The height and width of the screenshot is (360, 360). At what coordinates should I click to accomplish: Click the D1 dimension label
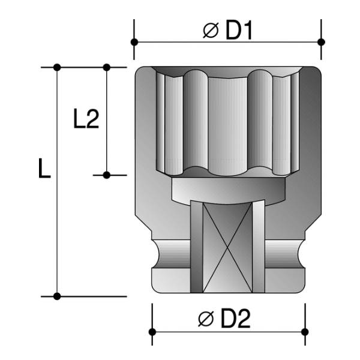(x=239, y=31)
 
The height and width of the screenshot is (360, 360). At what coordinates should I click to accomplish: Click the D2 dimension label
(x=235, y=319)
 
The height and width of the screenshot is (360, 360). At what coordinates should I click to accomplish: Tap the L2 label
(x=86, y=118)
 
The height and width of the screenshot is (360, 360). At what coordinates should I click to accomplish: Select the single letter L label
(x=44, y=168)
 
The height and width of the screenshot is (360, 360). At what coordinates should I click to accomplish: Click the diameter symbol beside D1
(x=211, y=31)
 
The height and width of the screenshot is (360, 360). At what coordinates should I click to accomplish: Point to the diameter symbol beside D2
(x=206, y=319)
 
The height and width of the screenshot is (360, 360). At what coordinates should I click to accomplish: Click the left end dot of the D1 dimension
(x=134, y=42)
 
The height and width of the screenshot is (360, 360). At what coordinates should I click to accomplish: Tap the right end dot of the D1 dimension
(x=321, y=42)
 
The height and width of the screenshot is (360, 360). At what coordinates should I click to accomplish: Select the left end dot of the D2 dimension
(x=152, y=332)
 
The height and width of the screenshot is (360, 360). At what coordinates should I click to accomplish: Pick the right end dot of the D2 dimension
(x=305, y=332)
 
